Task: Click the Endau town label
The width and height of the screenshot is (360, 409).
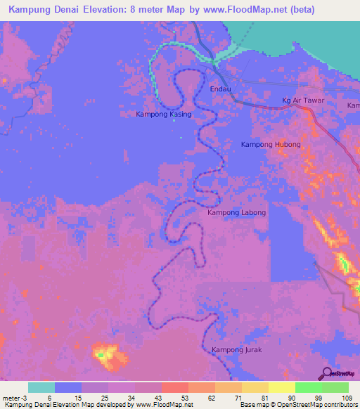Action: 221,89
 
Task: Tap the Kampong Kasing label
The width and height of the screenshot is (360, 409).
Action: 163,114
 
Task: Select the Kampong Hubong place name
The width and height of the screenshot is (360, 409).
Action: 271,145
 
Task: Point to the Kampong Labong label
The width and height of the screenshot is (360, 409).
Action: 237,212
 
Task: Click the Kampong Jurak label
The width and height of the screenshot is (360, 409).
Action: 236,349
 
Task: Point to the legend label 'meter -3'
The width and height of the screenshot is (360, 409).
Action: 14,398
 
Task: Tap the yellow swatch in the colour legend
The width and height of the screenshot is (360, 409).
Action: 281,387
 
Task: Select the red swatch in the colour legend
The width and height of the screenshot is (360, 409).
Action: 174,387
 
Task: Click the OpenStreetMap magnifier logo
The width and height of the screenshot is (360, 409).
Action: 327,373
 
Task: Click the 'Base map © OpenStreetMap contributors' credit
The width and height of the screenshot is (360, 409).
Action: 297,405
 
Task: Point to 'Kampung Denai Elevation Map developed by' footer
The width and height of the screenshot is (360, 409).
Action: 67,405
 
